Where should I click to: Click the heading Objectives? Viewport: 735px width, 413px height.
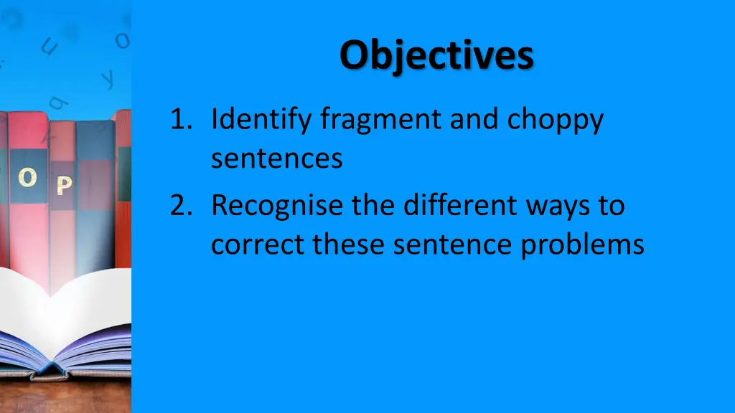(x=436, y=54)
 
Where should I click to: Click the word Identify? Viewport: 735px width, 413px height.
(x=263, y=120)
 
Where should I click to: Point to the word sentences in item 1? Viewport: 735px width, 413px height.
(x=276, y=158)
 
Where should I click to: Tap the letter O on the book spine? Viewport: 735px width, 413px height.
(x=27, y=179)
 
